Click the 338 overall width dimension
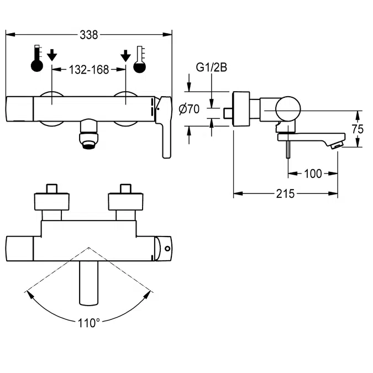tap(88, 35)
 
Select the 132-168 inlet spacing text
tap(88, 70)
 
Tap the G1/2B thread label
tap(212, 69)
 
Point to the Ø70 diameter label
tap(190, 109)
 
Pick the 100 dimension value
tap(313, 174)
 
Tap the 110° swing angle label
tap(88, 322)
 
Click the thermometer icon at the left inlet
tap(37, 59)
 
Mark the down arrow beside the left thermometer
tap(52, 55)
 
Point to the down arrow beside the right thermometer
tap(126, 55)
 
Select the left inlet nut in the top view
tap(52, 199)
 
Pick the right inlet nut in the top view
tap(126, 199)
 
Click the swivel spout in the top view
tap(89, 282)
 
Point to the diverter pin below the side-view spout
tap(287, 149)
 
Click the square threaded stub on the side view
tap(227, 113)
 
